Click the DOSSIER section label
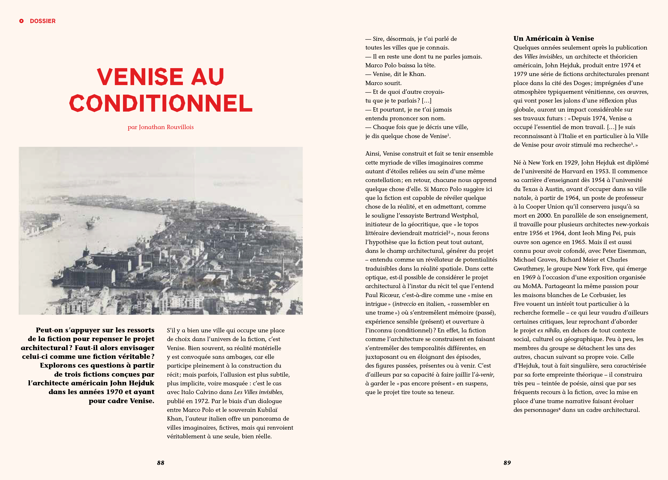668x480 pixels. (x=42, y=21)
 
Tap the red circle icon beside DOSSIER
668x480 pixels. (x=21, y=21)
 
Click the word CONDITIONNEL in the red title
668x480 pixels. (x=161, y=103)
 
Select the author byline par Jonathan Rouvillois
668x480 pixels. (x=161, y=127)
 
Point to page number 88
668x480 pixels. (x=161, y=463)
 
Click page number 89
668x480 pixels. (x=507, y=463)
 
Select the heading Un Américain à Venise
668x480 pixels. (x=553, y=39)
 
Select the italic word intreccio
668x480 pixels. (x=405, y=304)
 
